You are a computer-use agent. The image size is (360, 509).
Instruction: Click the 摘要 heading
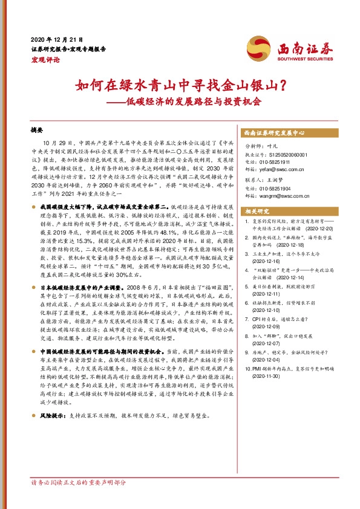coord(38,129)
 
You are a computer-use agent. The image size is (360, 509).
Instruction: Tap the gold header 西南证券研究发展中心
coord(275,132)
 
